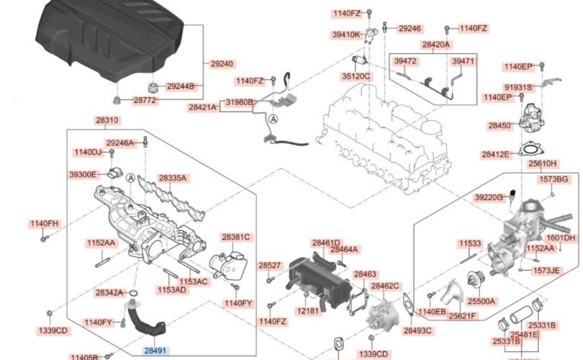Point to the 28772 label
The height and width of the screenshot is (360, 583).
(143, 101)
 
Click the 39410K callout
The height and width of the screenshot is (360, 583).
(346, 34)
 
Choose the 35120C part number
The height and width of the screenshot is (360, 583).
(356, 76)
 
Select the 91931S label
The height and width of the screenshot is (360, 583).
(518, 87)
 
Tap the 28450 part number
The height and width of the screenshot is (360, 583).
(500, 125)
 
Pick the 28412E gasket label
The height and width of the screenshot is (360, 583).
(496, 154)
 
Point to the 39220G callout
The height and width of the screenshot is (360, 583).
(489, 197)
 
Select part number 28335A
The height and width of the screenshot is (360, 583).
(173, 177)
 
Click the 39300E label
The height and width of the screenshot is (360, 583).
(83, 174)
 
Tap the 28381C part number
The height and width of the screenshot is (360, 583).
(235, 237)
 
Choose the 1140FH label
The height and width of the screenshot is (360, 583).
(44, 223)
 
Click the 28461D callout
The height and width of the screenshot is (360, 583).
(325, 243)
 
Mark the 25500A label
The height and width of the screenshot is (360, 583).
(481, 301)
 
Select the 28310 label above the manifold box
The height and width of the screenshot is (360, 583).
(107, 120)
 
